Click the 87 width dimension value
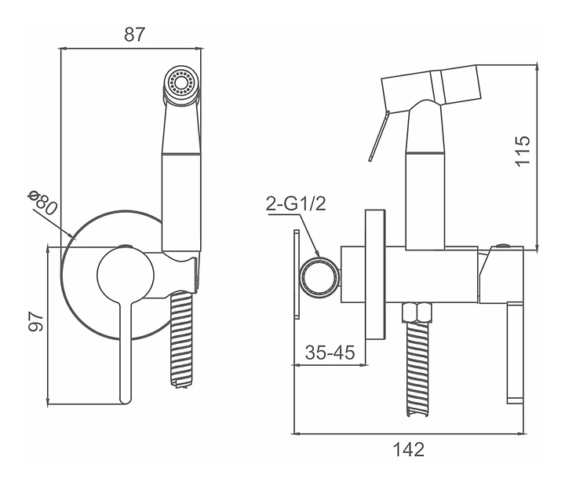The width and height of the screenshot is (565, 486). click(x=135, y=35)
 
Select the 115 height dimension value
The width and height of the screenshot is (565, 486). click(x=523, y=151)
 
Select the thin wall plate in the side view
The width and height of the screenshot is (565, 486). click(x=296, y=276)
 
